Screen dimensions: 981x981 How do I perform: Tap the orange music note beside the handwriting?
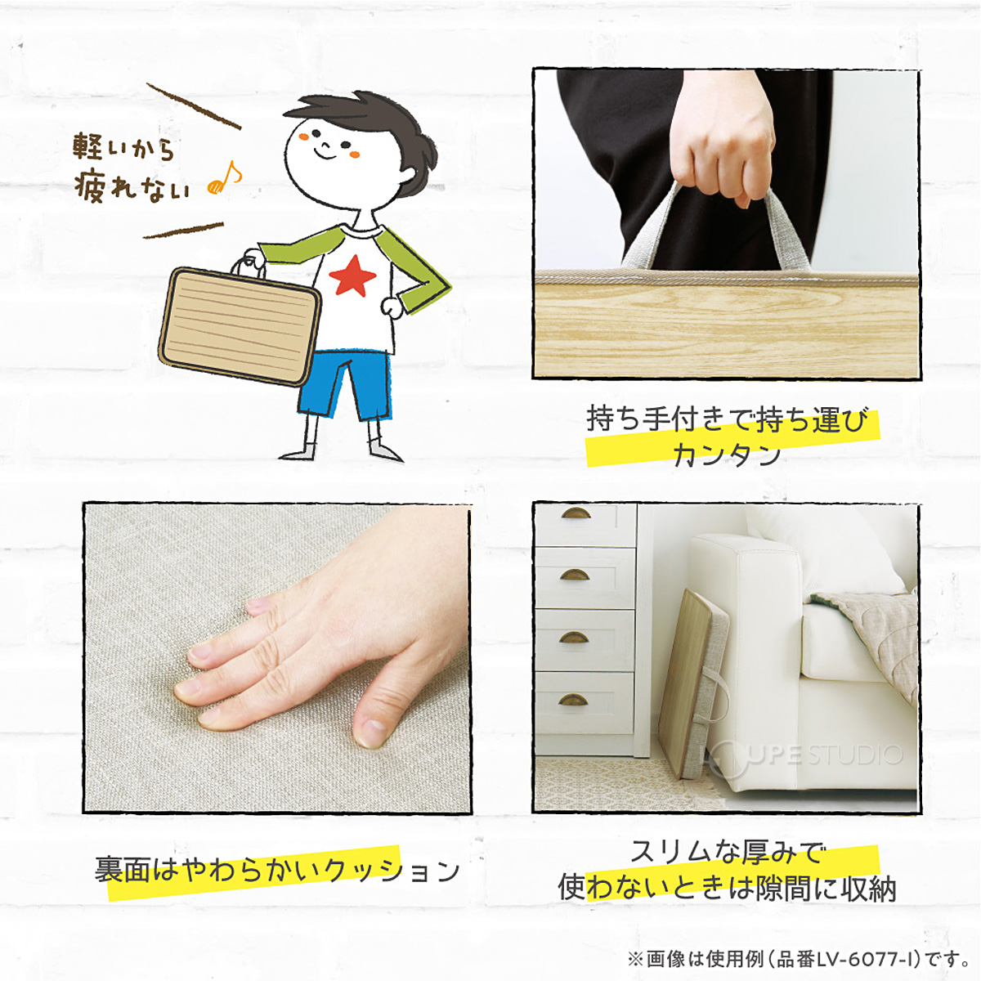point(224,177)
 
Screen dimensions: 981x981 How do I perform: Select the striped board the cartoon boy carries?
point(239,325)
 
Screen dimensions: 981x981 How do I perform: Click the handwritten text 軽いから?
point(123,147)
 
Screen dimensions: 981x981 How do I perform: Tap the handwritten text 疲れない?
point(132,187)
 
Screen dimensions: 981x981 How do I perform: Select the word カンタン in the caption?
point(727,455)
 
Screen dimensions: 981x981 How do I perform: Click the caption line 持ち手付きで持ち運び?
point(727,419)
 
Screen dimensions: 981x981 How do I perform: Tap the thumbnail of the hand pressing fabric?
point(277,658)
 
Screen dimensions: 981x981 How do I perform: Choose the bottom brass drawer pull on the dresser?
point(573,700)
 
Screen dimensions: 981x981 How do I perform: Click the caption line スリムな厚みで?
point(727,853)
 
